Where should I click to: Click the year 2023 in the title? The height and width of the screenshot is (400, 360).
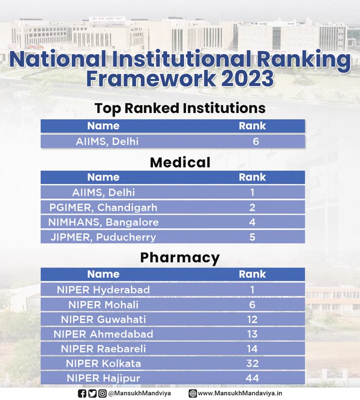coord(248,79)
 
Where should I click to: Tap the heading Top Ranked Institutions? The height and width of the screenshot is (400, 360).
coord(180,108)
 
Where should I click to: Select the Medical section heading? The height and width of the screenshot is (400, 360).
coord(180,162)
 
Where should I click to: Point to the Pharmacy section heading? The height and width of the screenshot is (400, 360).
coord(180,258)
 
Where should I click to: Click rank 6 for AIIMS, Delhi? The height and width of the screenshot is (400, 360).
coord(256,141)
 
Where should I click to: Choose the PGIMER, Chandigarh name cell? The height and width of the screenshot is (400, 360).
coord(104,208)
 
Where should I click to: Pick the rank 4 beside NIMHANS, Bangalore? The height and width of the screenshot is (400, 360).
coord(252,222)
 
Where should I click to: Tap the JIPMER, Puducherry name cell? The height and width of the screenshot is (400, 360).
coord(104,237)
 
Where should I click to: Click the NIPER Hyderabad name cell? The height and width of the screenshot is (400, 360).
coord(104,290)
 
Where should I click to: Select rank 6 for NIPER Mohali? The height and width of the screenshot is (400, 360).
coord(252,305)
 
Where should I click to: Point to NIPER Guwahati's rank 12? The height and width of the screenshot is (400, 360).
coord(252,319)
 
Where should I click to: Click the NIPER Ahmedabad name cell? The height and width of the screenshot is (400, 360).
coord(104,334)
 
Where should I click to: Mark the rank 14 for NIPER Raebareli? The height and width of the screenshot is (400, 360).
coord(252,349)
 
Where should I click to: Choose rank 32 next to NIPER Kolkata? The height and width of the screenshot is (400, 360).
coord(252,364)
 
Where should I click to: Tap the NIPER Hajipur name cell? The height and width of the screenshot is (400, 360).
coord(104,378)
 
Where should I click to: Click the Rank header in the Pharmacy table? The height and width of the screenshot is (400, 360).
coord(252,274)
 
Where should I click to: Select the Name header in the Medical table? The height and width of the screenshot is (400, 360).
coord(104,177)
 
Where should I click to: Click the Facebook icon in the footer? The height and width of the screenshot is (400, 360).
coord(82,394)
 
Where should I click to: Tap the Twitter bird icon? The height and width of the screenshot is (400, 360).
coord(92,394)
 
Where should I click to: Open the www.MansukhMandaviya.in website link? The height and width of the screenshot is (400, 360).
coord(240,394)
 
